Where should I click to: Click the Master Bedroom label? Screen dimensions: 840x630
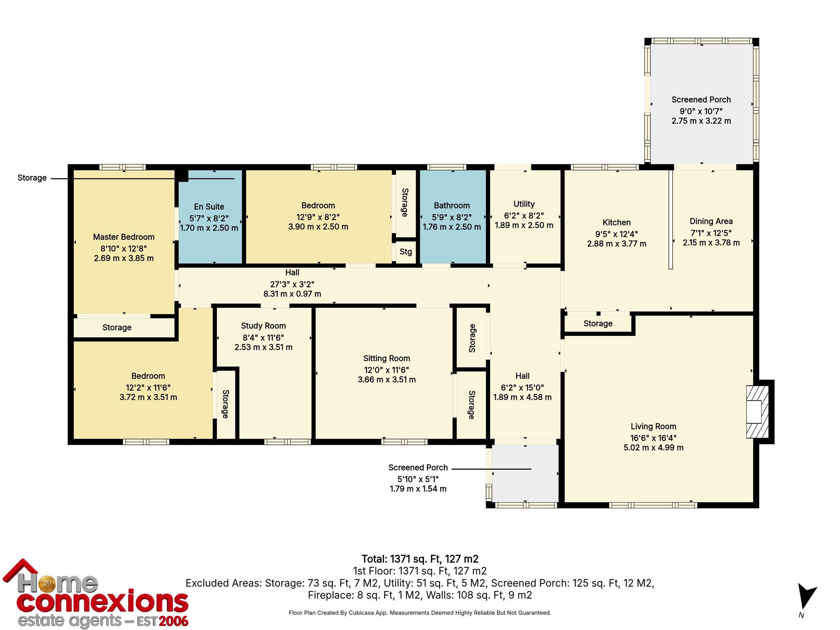(123, 237)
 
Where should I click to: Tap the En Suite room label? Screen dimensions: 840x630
(209, 207)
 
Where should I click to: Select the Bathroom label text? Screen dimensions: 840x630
(451, 205)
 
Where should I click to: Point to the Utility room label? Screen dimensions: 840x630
(524, 204)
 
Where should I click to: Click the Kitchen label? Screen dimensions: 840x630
(617, 223)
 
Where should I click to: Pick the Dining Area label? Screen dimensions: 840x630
(711, 221)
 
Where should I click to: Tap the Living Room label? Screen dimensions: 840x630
(653, 427)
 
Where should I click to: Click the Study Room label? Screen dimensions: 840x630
(263, 326)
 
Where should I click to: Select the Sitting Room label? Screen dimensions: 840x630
(386, 359)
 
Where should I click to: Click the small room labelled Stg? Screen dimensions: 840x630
(406, 252)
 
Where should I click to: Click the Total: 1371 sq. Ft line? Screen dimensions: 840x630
(420, 559)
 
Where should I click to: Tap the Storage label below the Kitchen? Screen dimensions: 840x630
(598, 324)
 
